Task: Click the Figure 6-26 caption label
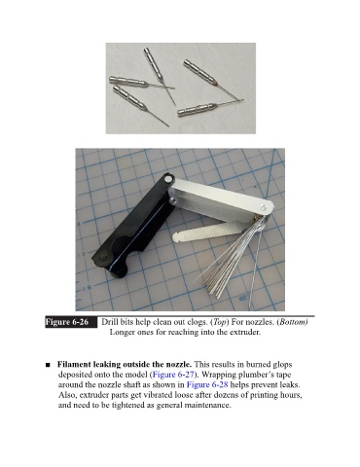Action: pyautogui.click(x=67, y=322)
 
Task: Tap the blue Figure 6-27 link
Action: pyautogui.click(x=173, y=375)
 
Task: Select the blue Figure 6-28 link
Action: pyautogui.click(x=207, y=384)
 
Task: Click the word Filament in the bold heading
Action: pyautogui.click(x=74, y=364)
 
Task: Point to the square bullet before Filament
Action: pyautogui.click(x=48, y=365)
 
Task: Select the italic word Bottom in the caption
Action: pyautogui.click(x=292, y=322)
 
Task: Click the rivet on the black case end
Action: pyautogui.click(x=168, y=178)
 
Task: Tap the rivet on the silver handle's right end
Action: pyautogui.click(x=263, y=206)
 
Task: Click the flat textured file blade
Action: pyautogui.click(x=207, y=232)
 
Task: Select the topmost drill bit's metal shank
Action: pyautogui.click(x=153, y=63)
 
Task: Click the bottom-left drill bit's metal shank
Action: pyautogui.click(x=128, y=96)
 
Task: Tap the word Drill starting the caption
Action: pyautogui.click(x=110, y=322)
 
